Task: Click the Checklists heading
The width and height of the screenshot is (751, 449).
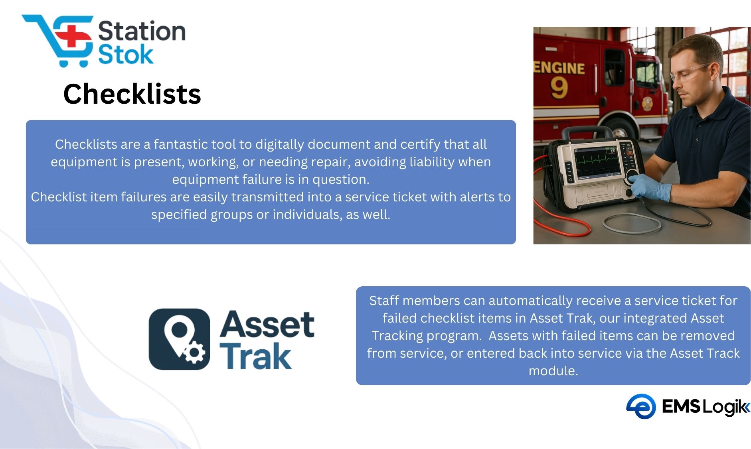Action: (x=132, y=95)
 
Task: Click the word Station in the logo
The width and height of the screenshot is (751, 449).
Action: (x=142, y=31)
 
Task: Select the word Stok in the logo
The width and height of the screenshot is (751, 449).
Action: (x=126, y=55)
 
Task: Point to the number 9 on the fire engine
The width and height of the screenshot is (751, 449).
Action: (x=559, y=88)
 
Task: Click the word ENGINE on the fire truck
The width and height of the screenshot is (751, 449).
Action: (x=559, y=68)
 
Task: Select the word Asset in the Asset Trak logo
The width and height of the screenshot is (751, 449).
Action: (x=267, y=324)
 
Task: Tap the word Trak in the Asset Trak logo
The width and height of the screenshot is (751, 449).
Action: (x=256, y=355)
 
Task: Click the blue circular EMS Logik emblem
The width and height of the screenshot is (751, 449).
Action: (x=641, y=406)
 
